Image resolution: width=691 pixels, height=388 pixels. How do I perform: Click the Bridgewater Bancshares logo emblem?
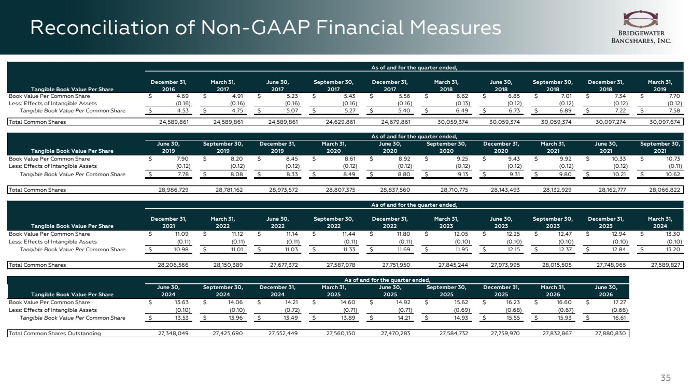click(640, 19)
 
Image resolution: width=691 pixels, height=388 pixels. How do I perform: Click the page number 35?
click(666, 378)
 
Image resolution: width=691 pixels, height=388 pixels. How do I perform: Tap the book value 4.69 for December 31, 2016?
click(182, 96)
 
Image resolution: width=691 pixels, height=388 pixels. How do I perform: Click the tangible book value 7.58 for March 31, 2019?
click(674, 111)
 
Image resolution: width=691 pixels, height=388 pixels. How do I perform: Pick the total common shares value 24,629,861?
click(340, 122)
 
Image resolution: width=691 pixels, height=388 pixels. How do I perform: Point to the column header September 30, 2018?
click(553, 85)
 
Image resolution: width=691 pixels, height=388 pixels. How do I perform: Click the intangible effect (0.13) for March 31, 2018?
click(463, 104)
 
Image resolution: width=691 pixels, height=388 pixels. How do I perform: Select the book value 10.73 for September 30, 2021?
click(673, 159)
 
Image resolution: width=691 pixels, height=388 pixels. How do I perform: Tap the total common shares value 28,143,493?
click(505, 190)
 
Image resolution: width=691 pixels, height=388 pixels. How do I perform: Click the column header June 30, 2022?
click(277, 223)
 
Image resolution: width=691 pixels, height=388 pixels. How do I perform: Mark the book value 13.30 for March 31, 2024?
click(673, 234)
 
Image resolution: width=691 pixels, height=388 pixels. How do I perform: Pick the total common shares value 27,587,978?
click(341, 265)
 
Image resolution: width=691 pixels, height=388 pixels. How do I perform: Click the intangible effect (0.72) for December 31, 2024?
click(292, 310)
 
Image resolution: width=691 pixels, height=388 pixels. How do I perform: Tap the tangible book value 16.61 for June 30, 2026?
click(619, 318)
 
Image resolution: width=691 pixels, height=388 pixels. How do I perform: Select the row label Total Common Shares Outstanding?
click(54, 334)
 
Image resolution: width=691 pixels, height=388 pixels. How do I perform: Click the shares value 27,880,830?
click(611, 334)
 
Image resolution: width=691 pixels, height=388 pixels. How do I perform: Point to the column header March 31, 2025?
click(334, 291)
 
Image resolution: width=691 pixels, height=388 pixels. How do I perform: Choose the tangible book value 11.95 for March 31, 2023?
click(462, 250)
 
